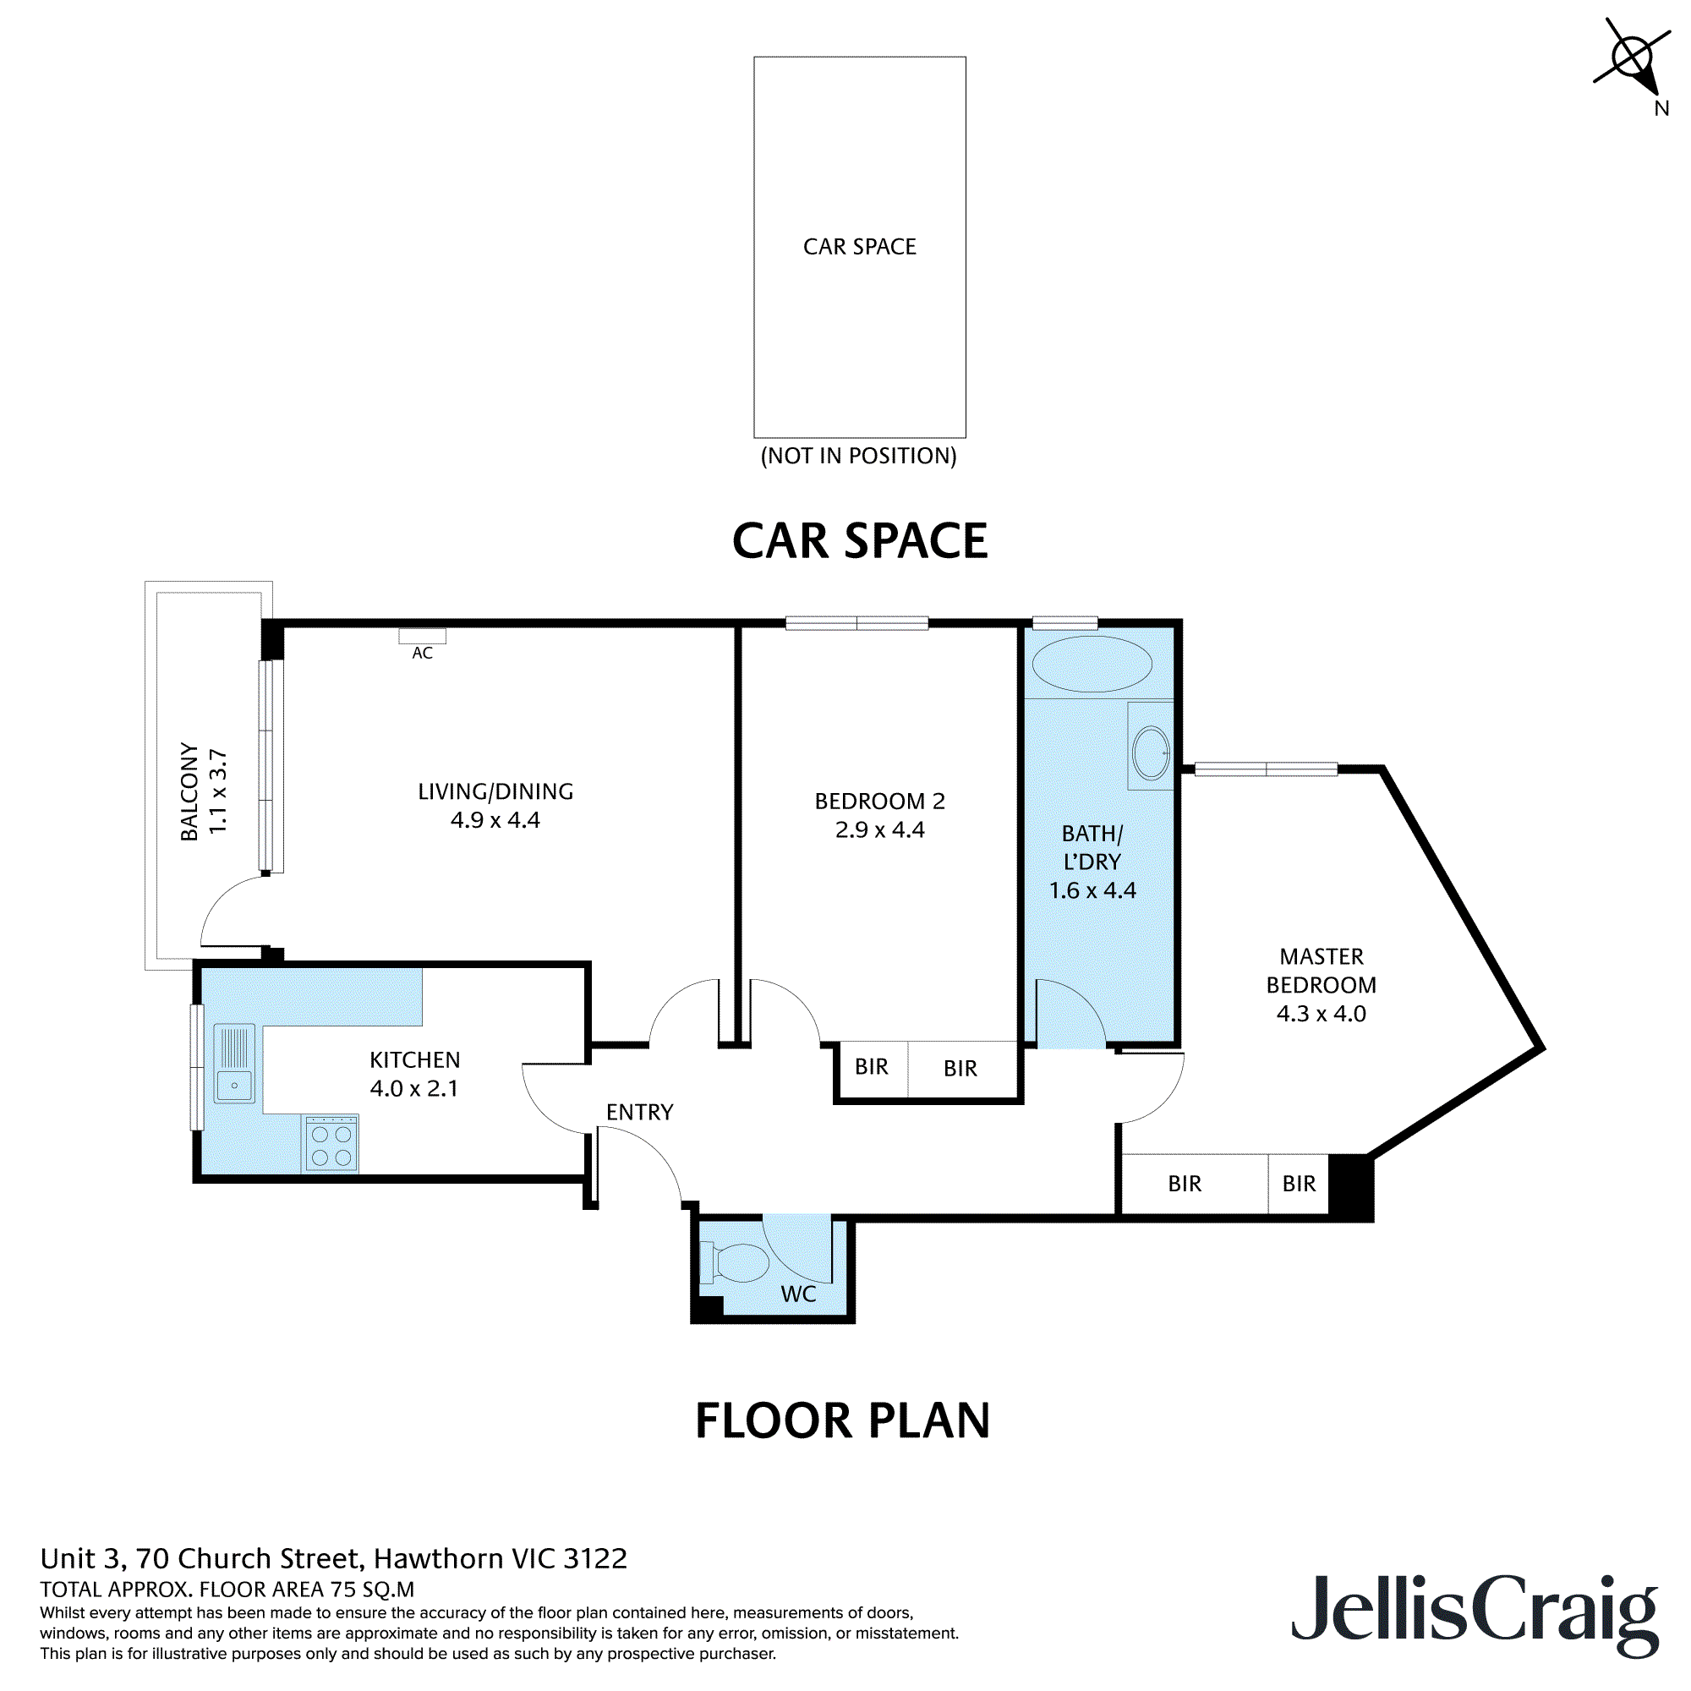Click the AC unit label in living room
coord(422,653)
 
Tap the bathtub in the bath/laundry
coord(1092,665)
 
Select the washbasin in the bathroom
coord(1151,752)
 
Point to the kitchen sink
coord(233,1064)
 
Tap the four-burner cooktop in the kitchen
coord(331,1144)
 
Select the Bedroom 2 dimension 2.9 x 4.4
coord(879,829)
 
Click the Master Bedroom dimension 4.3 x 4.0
coord(1321,1014)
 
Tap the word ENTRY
coord(640,1113)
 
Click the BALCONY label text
coord(189,792)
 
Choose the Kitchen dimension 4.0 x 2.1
coord(414,1088)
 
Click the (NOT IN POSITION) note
coord(859,456)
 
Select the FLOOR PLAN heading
coord(842,1420)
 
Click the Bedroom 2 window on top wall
coord(856,623)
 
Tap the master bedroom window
coord(1266,769)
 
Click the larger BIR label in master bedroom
coord(1185,1184)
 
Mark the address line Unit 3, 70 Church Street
coord(333,1559)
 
